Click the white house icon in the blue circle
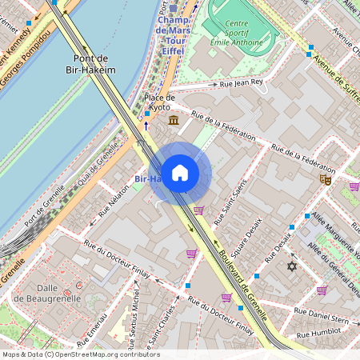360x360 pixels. pyautogui.click(x=180, y=172)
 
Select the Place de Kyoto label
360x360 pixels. pyautogui.click(x=158, y=102)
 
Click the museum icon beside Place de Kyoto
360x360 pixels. pyautogui.click(x=174, y=120)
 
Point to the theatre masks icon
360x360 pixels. pyautogui.click(x=325, y=180)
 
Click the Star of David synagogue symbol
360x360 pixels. pyautogui.click(x=291, y=266)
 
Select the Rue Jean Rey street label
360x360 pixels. pyautogui.click(x=241, y=82)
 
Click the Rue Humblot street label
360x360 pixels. pyautogui.click(x=318, y=335)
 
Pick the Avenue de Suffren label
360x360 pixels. pyautogui.click(x=336, y=71)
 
